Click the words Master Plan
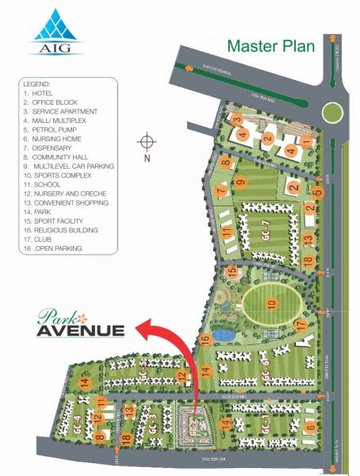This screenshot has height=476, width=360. (x=270, y=46)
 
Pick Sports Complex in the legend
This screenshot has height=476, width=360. (x=63, y=175)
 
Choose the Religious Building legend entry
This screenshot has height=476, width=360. (x=67, y=230)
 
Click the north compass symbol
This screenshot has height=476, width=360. (x=146, y=142)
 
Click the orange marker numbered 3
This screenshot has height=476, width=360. (x=236, y=119)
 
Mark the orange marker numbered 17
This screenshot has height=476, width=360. (x=300, y=324)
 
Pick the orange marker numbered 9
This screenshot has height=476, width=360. (x=239, y=183)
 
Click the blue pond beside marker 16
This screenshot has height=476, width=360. (x=224, y=335)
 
